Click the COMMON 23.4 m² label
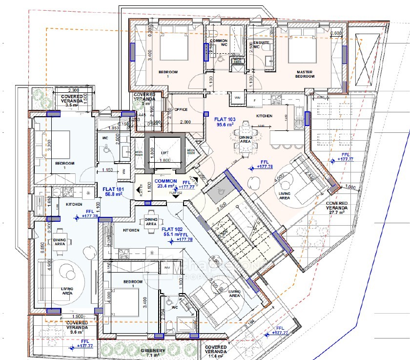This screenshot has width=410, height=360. [165, 183]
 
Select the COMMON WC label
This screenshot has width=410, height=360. [219, 43]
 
